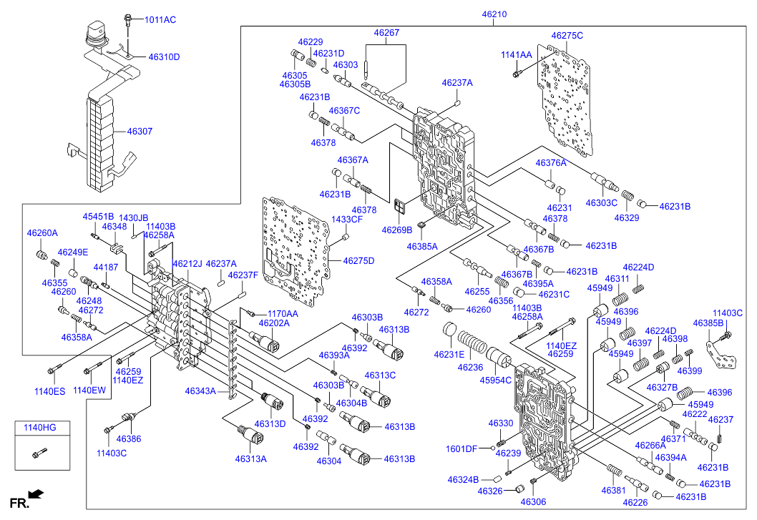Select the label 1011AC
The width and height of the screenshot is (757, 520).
[x=160, y=19]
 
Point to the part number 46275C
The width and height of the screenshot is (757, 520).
[x=567, y=35]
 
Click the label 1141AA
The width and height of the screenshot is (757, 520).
[x=516, y=54]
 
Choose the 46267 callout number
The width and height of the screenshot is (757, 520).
[x=386, y=32]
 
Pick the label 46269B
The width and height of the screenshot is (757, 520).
[x=396, y=230]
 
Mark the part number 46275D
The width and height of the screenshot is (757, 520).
[x=358, y=260]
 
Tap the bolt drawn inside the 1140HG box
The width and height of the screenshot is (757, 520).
[x=40, y=452]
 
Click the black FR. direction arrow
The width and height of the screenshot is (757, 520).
[x=36, y=494]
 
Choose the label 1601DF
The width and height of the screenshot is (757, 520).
[x=461, y=448]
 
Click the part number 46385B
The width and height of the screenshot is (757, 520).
[x=708, y=323]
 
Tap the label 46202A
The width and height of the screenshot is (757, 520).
[x=273, y=323]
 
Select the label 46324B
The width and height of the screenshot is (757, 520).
[x=463, y=479]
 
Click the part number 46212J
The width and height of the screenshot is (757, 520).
[x=187, y=264]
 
